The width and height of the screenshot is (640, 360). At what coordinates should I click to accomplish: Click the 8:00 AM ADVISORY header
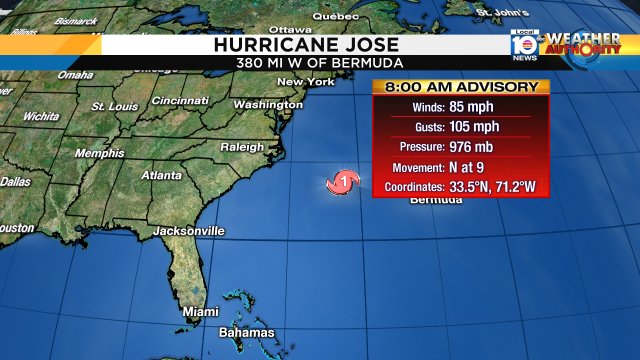pos(461,86)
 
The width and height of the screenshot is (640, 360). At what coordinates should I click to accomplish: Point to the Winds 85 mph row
pos(461,108)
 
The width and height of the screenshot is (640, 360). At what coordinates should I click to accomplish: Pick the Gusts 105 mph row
pos(461,128)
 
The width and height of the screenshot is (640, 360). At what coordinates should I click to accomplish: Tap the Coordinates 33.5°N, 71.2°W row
pos(461,187)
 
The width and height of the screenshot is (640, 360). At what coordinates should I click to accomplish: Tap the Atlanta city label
pos(161,175)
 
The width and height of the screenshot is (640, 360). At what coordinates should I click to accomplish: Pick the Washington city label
pos(268,104)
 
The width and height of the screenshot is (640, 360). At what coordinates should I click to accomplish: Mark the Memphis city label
pos(100,153)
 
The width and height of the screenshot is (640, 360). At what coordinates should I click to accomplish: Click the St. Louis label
pos(114,106)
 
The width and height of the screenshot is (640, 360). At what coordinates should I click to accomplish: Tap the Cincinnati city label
pos(180,100)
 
